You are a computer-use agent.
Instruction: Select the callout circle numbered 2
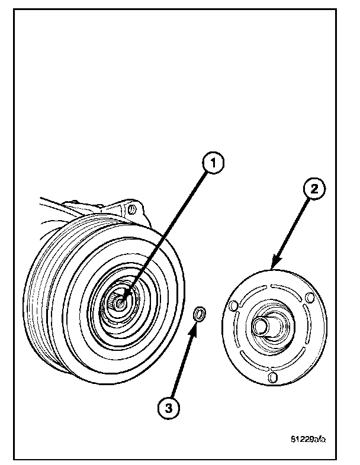(x=314, y=189)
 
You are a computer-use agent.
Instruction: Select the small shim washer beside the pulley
(x=201, y=314)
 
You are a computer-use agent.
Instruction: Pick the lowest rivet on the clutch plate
(x=272, y=377)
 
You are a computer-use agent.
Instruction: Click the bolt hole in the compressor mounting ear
(x=132, y=209)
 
